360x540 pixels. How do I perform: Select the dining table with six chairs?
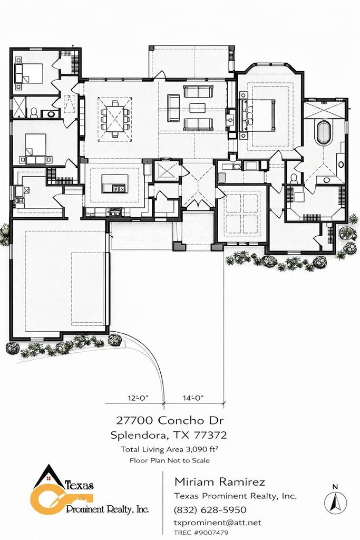tap(115, 117)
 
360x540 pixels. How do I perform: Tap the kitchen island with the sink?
tap(115, 184)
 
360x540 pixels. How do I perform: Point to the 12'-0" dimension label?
tap(138, 398)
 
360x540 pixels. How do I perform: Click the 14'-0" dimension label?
tap(193, 398)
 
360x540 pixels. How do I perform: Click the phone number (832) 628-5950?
tap(210, 510)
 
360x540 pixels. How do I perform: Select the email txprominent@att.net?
tap(217, 523)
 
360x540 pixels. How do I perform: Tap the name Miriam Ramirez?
tap(220, 482)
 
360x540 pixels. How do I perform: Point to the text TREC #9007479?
tap(201, 533)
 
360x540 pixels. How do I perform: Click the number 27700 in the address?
tap(135, 420)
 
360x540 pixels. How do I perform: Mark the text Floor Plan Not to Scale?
tap(170, 460)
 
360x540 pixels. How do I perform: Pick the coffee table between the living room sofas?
tap(197, 108)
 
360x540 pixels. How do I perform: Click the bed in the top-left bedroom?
tap(29, 73)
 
